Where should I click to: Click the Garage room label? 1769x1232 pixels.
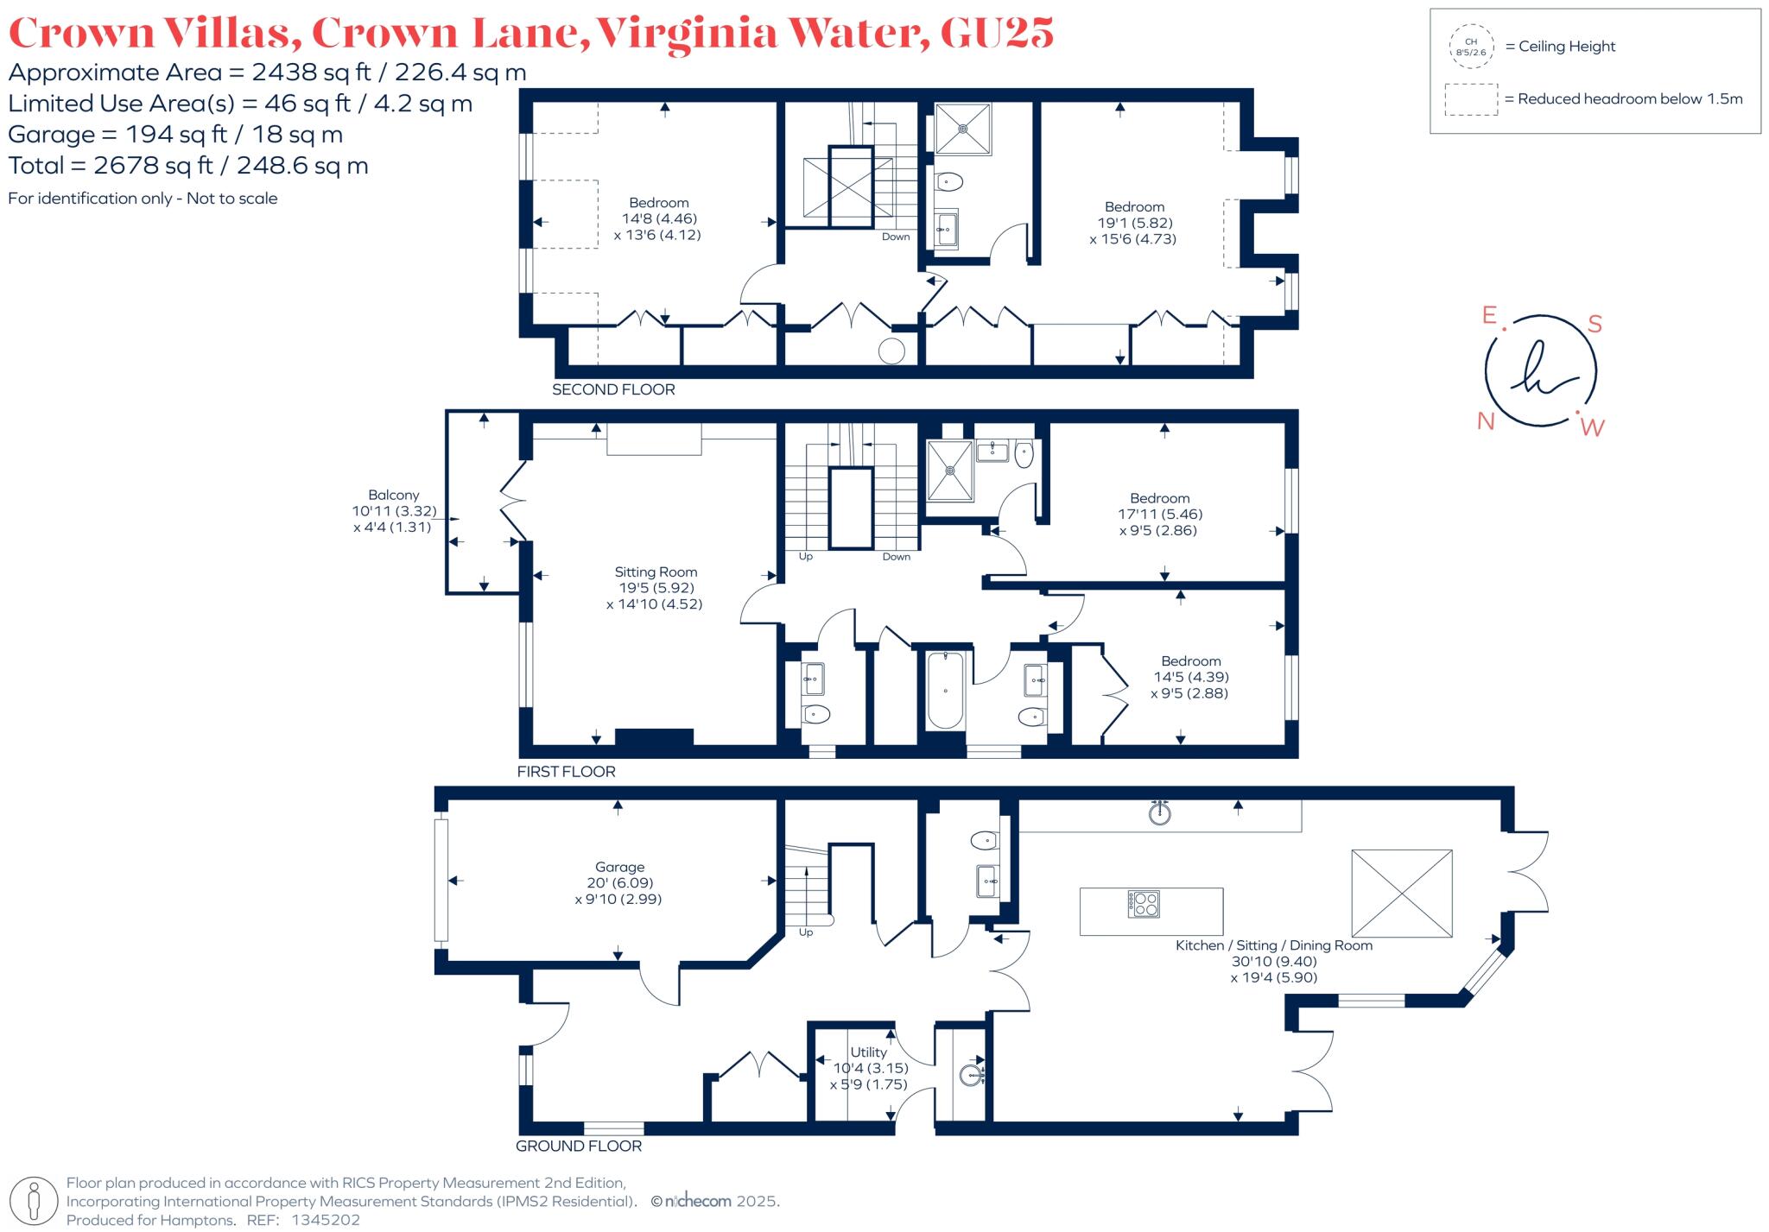coord(619,867)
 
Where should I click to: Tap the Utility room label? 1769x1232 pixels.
coord(868,1052)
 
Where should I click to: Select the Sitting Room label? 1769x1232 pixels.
coord(656,572)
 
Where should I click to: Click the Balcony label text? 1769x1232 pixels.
coord(393,495)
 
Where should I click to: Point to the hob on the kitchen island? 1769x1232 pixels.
coord(1144,904)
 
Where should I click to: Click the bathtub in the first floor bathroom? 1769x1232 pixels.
coord(946,690)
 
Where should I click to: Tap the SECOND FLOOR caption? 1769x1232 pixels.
coord(613,389)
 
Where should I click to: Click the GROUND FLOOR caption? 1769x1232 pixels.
coord(579,1146)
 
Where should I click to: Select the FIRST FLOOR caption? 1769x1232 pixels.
coord(566,771)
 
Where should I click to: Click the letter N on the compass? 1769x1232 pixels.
coord(1486,421)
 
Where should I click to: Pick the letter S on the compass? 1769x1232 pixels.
coord(1595,324)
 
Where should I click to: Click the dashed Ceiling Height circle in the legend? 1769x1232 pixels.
coord(1471,47)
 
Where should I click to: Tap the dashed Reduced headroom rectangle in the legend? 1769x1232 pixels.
coord(1471,99)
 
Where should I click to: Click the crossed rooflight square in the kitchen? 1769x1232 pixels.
coord(1401,893)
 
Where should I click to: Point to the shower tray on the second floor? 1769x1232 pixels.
coord(963,129)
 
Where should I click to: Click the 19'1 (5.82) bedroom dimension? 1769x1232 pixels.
coord(1134,223)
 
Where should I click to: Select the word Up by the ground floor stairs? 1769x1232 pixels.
coord(806,932)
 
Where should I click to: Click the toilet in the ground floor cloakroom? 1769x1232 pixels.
coord(984,839)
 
